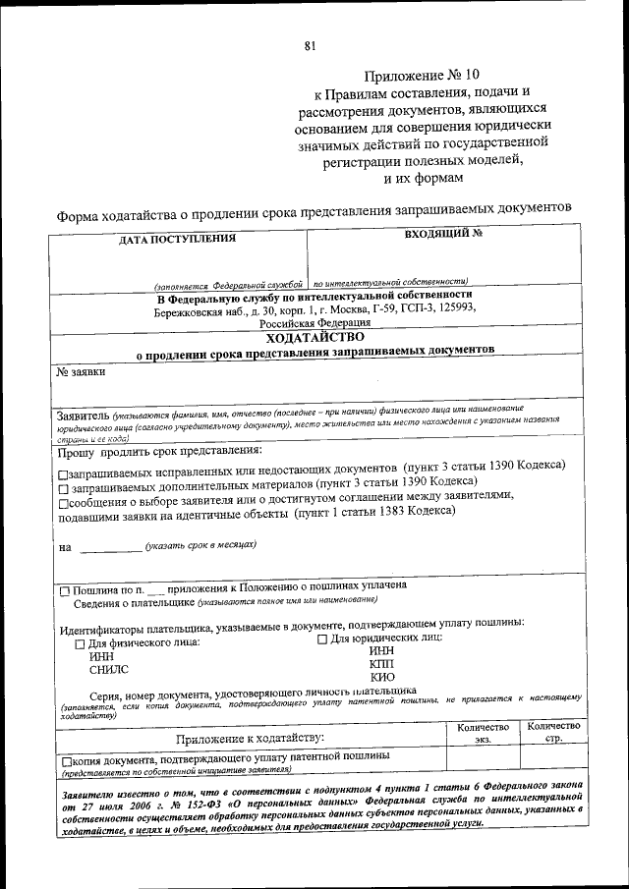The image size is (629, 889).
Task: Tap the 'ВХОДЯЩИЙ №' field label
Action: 443,235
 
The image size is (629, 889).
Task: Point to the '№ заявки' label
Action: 81,372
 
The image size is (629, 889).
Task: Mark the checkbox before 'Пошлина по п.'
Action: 65,591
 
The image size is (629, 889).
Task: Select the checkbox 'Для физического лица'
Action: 81,644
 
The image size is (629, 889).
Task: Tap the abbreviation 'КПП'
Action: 381,664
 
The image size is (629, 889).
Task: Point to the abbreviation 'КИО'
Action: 382,678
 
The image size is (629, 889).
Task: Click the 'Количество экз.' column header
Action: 482,733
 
